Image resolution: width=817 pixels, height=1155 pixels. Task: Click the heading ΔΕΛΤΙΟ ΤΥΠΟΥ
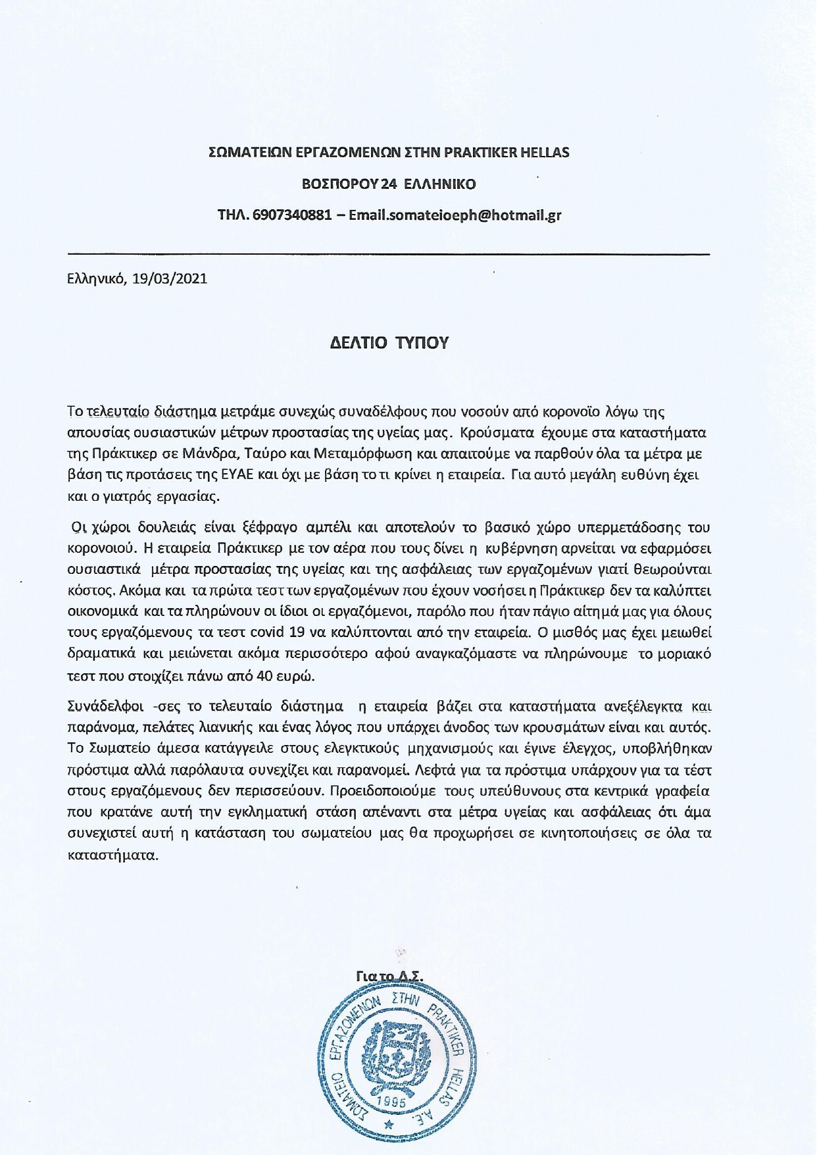[x=389, y=343]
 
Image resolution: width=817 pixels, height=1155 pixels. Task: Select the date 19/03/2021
[x=170, y=278]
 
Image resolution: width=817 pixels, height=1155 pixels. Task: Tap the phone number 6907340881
[x=292, y=215]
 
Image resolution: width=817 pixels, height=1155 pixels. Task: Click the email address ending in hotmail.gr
[x=455, y=215]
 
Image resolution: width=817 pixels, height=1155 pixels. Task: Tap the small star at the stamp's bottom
[x=389, y=1125]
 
